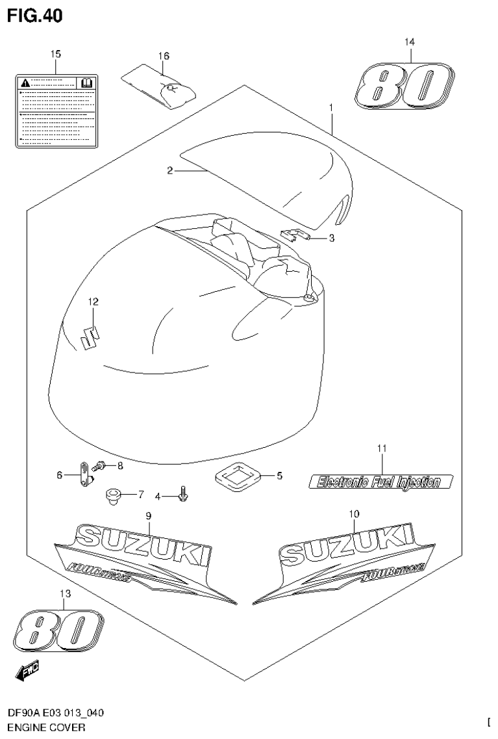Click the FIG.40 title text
point(35,16)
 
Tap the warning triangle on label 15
point(25,83)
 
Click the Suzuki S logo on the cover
point(90,338)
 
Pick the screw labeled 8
point(101,465)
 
